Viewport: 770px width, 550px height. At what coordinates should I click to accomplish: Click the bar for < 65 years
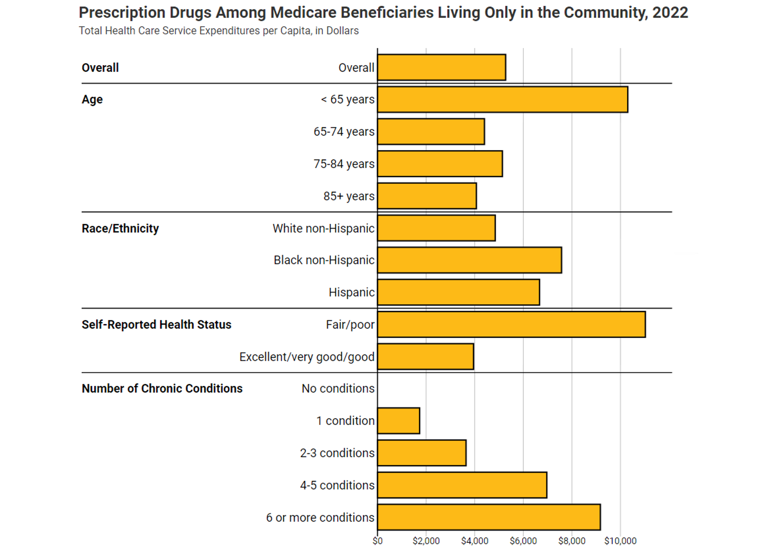(502, 100)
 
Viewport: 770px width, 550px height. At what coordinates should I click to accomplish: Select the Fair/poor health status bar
(511, 324)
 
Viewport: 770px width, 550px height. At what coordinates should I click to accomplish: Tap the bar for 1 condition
(398, 421)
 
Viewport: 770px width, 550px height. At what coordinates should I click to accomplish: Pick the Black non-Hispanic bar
(469, 260)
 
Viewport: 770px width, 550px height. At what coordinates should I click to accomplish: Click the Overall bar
(442, 67)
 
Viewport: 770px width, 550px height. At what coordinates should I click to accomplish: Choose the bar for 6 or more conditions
(489, 517)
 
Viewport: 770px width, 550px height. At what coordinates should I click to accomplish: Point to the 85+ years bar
(427, 196)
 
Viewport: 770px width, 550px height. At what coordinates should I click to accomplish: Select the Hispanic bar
(458, 292)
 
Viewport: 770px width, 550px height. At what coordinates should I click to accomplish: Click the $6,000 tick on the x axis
(523, 541)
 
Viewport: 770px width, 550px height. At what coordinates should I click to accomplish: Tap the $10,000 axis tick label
(620, 541)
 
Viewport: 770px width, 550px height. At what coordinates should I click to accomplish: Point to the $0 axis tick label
(378, 541)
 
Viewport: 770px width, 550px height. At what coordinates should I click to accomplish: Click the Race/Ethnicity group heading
(120, 229)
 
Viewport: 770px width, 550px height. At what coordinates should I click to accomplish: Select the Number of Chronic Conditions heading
(162, 388)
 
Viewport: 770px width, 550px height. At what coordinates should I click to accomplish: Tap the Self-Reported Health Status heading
(156, 324)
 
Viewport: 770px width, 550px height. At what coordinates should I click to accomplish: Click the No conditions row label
(338, 388)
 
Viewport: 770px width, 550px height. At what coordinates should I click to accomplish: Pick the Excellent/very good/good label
(307, 357)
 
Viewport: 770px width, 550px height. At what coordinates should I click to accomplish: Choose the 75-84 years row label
(344, 164)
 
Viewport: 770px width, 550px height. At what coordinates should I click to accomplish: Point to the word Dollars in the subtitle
(342, 31)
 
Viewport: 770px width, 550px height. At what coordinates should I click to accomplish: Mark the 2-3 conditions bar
(422, 453)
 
